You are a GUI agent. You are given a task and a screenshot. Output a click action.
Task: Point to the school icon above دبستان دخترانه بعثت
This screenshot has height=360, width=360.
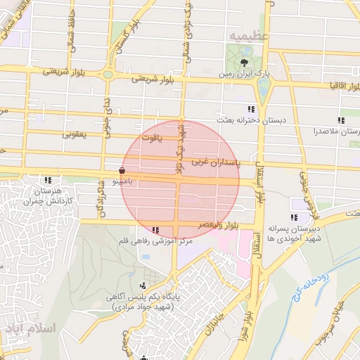pos(250,109)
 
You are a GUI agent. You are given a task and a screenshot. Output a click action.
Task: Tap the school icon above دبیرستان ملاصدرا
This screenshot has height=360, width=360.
pos(341,121)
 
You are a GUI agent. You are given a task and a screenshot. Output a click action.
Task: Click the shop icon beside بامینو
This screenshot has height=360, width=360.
pos(122,170)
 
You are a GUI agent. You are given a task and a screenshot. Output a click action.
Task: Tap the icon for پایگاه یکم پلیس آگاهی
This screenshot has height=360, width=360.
pos(144,285)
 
